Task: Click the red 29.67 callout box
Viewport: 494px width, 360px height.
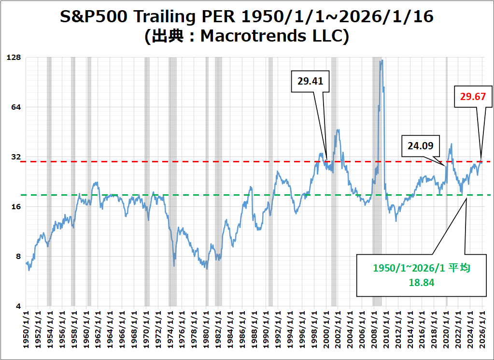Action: [x=476, y=97]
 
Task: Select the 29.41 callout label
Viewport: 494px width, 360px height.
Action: [x=310, y=81]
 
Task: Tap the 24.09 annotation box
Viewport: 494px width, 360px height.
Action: [x=420, y=145]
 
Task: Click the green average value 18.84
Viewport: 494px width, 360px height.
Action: [x=421, y=283]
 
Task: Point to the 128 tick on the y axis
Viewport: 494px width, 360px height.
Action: [x=14, y=58]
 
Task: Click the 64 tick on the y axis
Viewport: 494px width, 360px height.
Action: [x=16, y=107]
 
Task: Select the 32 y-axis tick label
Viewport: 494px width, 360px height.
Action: [x=16, y=157]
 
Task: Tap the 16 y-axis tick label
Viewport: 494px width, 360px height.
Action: [x=16, y=207]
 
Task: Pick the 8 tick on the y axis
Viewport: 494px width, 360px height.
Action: [x=18, y=257]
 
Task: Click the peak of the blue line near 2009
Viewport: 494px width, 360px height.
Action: [x=381, y=61]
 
